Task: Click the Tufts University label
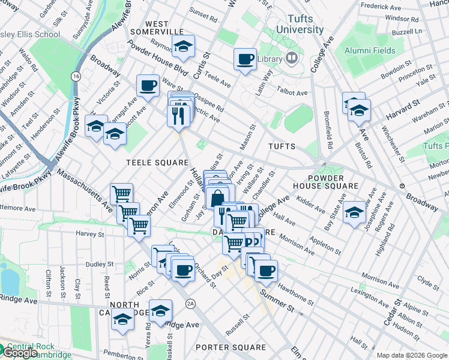click(297, 24)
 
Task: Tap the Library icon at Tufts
click(292, 58)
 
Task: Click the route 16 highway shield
click(76, 77)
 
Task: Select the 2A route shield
click(191, 302)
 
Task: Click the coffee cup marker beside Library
click(244, 59)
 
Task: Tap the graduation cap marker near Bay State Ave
click(355, 212)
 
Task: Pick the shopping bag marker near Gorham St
click(217, 197)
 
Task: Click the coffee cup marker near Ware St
click(148, 86)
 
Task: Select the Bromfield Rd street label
click(329, 133)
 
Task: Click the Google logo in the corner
click(20, 353)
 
